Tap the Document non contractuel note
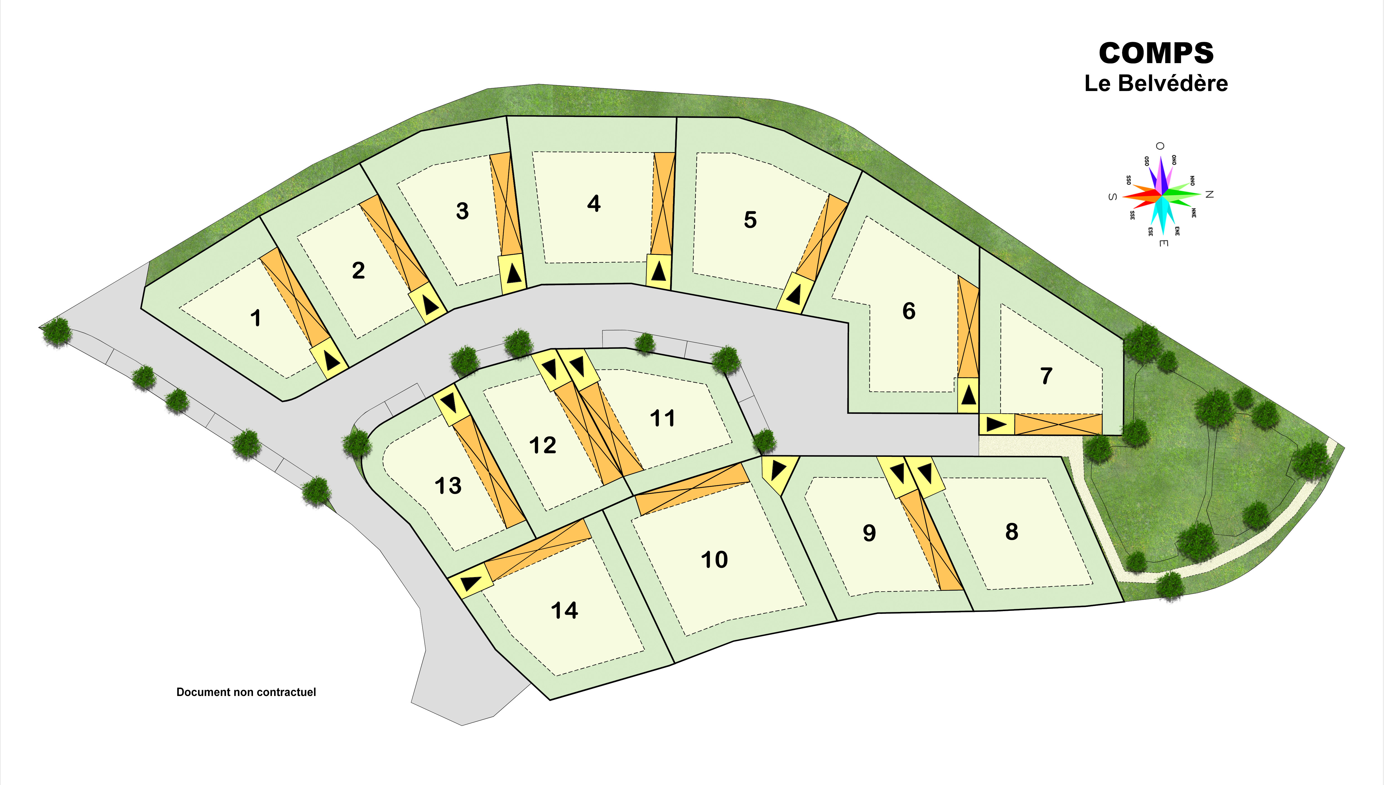[x=246, y=692]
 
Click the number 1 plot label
[x=256, y=318]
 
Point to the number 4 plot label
[x=594, y=204]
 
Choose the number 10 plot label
[x=714, y=560]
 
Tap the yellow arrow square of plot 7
[x=997, y=424]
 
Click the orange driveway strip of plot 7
[x=1058, y=424]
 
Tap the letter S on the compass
[x=1111, y=197]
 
